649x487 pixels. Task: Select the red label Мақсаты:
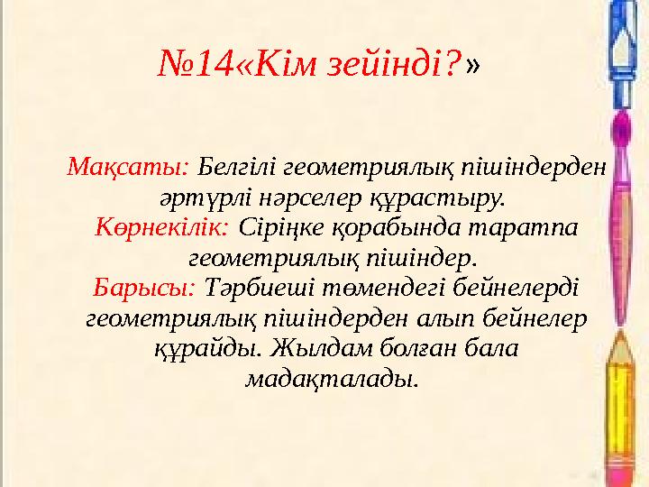(x=127, y=167)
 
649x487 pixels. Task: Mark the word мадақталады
(x=332, y=379)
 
